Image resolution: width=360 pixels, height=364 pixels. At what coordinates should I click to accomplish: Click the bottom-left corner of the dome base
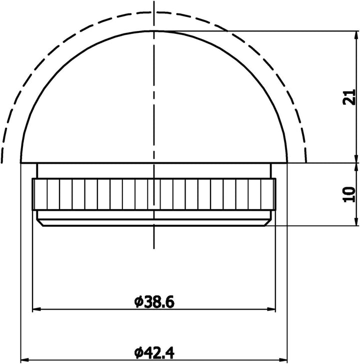point(20,163)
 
